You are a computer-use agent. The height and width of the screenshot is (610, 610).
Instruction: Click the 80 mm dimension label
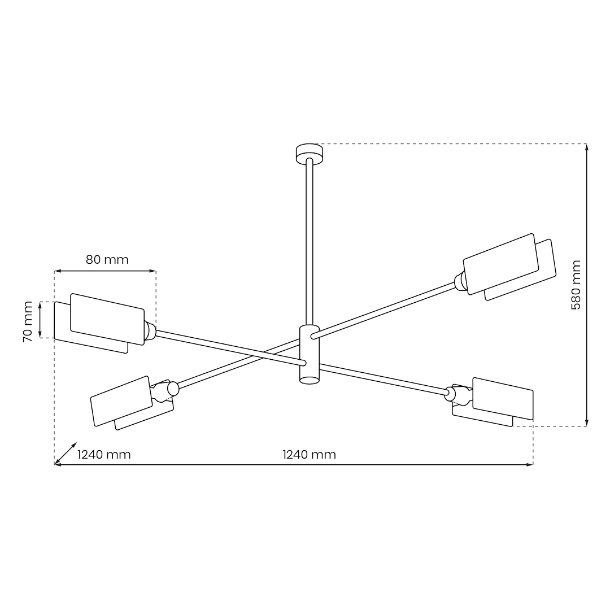[x=107, y=259]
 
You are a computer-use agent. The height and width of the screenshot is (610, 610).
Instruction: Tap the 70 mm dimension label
[x=28, y=322]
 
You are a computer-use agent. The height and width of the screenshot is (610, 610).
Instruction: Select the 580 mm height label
[x=576, y=285]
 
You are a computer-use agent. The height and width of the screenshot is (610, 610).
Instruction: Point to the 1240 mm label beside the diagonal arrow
[x=104, y=454]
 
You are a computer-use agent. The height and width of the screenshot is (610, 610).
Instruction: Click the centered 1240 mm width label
[x=310, y=454]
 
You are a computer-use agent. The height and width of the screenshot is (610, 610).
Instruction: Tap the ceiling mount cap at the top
[x=310, y=154]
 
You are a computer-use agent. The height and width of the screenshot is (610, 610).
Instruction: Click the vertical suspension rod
[x=310, y=242]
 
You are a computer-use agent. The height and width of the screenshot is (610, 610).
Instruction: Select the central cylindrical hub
[x=310, y=354]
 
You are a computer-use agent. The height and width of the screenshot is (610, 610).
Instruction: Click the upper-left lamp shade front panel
[x=107, y=319]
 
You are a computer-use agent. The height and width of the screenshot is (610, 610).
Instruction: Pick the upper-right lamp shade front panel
[x=501, y=264]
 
